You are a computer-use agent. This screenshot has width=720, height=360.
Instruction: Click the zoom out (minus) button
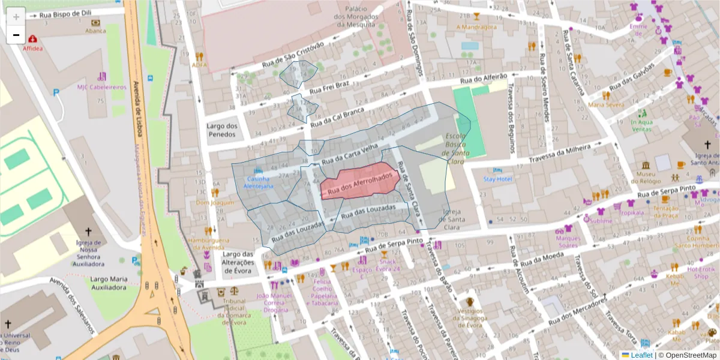(x=16, y=35)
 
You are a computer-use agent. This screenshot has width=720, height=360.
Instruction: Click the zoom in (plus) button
(x=16, y=16)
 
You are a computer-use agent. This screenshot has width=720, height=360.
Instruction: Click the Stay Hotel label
(x=497, y=179)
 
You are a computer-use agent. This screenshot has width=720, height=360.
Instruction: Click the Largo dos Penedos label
(x=222, y=130)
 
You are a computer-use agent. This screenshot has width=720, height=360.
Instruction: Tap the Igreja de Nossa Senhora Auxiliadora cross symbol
(x=88, y=231)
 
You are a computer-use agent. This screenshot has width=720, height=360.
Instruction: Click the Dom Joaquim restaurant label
(x=214, y=202)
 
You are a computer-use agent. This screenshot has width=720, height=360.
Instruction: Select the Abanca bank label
(x=95, y=31)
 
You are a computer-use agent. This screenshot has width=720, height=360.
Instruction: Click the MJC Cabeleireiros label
(x=102, y=87)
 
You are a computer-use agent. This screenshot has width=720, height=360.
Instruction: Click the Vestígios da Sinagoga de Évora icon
(x=470, y=302)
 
